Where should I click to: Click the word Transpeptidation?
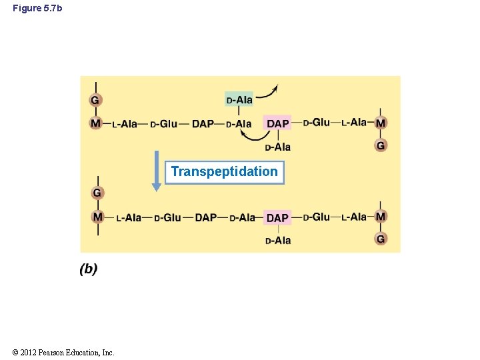click(224, 172)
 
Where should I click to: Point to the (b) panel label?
click(89, 269)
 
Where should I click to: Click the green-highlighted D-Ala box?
click(239, 100)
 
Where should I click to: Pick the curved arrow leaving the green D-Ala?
click(269, 93)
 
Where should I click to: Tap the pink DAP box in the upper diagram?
click(277, 123)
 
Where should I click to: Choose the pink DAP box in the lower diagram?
click(277, 217)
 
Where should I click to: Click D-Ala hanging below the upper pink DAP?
click(277, 147)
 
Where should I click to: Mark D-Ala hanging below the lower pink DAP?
click(277, 240)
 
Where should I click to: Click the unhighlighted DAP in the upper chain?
click(203, 123)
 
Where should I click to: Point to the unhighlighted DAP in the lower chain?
click(206, 217)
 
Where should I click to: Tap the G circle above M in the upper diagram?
click(96, 100)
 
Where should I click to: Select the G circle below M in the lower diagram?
click(381, 239)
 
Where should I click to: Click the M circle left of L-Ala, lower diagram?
click(98, 217)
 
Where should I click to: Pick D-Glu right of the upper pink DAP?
click(317, 122)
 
